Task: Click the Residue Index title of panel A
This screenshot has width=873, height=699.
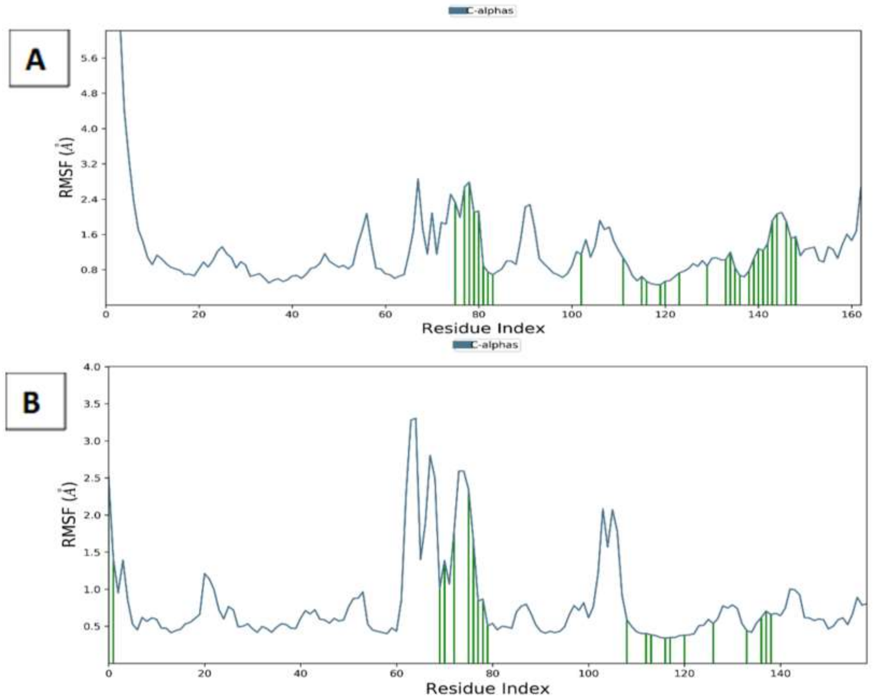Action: (483, 328)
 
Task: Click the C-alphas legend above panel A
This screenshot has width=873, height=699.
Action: (482, 11)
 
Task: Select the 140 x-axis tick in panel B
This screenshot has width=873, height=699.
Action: (780, 674)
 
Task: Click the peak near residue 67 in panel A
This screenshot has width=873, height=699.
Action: (418, 179)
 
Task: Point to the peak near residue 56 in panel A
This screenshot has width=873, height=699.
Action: (367, 214)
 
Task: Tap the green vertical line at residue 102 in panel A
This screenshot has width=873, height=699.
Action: (581, 279)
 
